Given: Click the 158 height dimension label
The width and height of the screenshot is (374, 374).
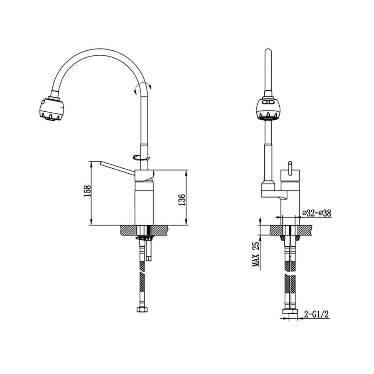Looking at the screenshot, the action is (x=88, y=191).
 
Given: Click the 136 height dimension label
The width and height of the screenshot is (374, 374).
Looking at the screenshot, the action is (x=182, y=200).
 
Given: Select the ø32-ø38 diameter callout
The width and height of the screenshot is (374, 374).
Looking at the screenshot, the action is (x=317, y=213).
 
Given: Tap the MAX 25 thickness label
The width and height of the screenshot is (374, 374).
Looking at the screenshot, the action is (x=256, y=254).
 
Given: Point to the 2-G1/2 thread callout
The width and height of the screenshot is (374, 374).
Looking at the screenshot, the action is (x=317, y=315).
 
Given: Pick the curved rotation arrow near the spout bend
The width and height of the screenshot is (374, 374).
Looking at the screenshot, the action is (x=143, y=87).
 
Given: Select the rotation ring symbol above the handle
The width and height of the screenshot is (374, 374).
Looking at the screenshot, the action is (x=141, y=157).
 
